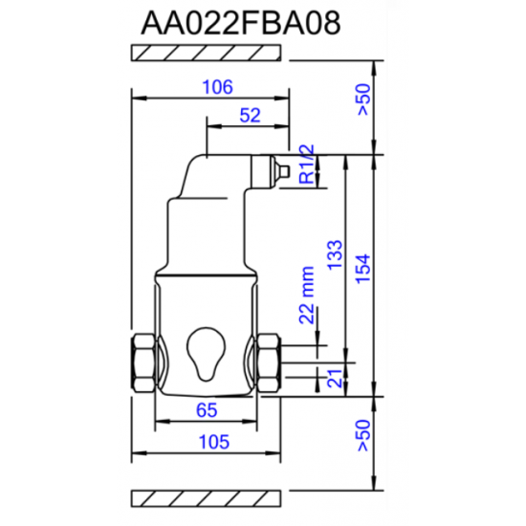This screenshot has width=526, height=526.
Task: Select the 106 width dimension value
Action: (x=218, y=87)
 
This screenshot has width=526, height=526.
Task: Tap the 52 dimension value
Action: (x=250, y=115)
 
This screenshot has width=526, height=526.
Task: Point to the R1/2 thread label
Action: (x=306, y=164)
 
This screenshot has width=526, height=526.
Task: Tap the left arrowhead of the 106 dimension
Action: (x=136, y=97)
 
